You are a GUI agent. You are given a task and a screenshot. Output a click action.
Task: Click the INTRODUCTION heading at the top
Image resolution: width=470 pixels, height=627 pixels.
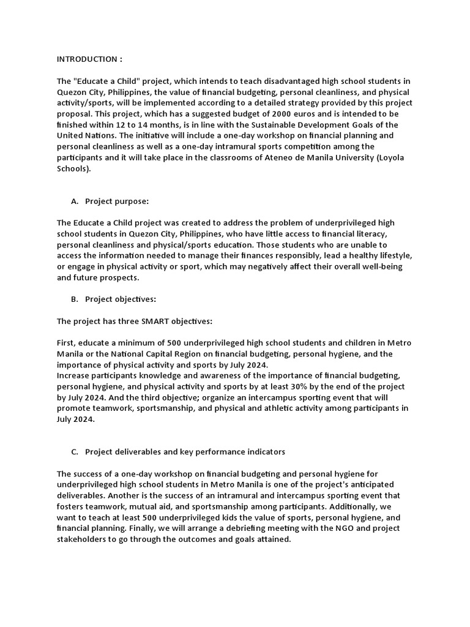89,59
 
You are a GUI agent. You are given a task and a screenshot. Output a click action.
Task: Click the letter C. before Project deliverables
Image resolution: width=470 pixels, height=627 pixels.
75,452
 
